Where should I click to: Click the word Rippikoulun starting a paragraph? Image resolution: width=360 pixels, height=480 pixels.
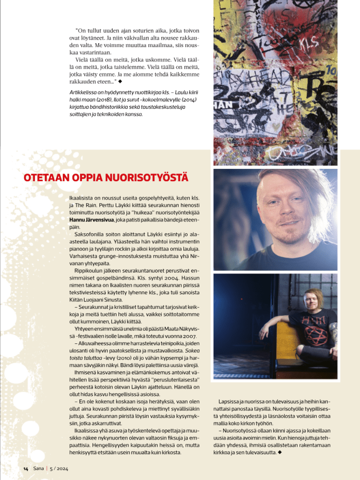(90, 270)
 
